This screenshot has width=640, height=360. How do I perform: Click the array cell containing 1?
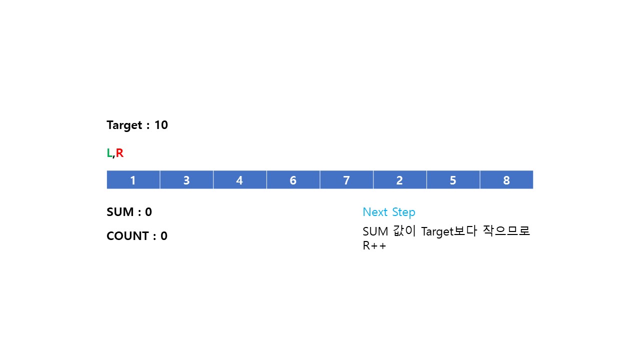133,180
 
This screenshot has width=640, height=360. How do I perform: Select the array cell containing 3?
186,180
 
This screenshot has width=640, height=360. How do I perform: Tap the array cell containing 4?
239,180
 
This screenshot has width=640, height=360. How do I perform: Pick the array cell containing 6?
293,180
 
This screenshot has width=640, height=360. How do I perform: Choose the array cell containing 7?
346,180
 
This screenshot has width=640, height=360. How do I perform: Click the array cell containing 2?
399,180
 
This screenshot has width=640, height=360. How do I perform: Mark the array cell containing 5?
453,180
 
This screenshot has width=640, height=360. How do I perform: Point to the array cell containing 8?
506,180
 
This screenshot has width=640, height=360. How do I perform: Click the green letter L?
109,153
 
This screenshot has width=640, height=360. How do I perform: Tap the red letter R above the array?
119,153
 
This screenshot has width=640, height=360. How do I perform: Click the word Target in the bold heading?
124,125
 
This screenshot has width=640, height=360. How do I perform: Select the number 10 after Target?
161,125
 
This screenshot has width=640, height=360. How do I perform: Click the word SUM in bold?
120,212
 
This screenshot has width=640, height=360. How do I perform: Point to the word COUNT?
127,236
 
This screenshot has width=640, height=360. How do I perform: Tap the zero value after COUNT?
164,236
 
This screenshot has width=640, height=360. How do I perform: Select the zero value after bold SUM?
148,212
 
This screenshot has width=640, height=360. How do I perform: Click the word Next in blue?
375,212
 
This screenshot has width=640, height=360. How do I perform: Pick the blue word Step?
403,212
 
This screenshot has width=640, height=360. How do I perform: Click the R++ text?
374,246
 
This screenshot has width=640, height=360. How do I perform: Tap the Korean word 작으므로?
506,231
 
